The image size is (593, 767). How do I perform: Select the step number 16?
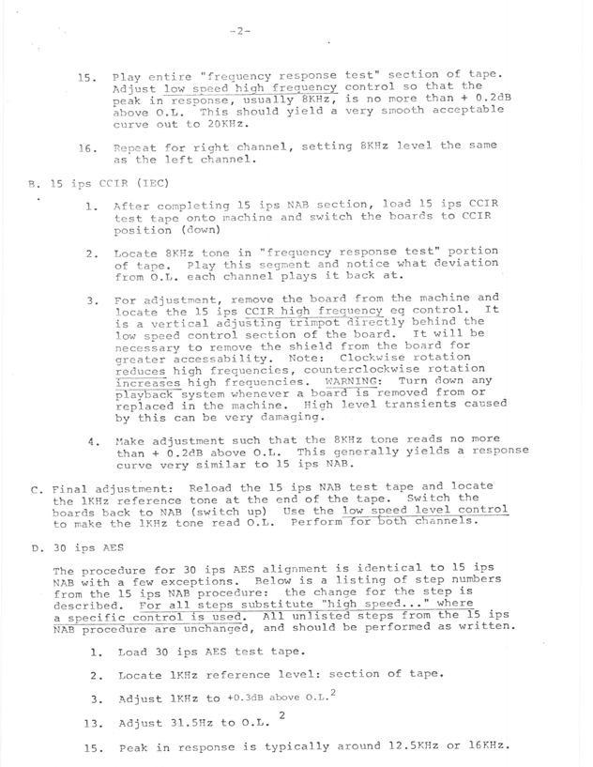[88, 148]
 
